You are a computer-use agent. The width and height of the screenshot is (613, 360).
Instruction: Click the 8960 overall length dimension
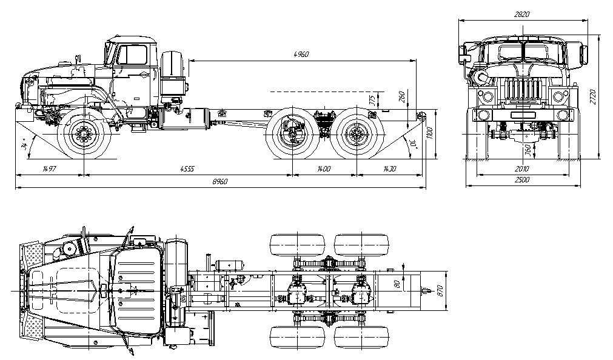point(219,183)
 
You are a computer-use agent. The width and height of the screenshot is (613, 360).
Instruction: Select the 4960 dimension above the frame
point(301,55)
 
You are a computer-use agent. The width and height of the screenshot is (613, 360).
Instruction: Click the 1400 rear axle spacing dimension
point(323,169)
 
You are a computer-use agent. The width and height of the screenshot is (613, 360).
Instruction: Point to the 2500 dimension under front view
point(521,181)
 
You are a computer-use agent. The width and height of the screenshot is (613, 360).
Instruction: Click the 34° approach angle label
point(24,146)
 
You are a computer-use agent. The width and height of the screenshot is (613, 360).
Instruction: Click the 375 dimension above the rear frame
point(372,99)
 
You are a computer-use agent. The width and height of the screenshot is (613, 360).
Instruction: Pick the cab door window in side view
point(132,55)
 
